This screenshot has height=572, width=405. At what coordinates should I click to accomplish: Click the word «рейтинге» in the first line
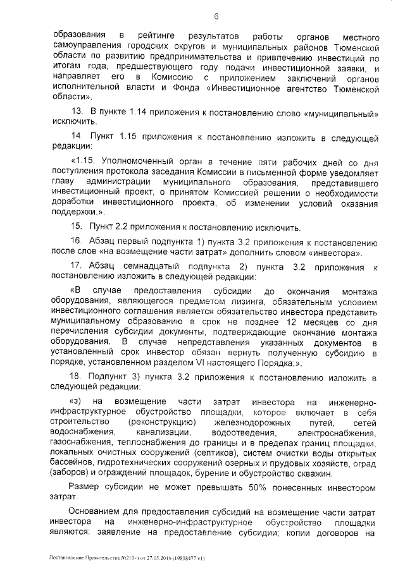point(152,32)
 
